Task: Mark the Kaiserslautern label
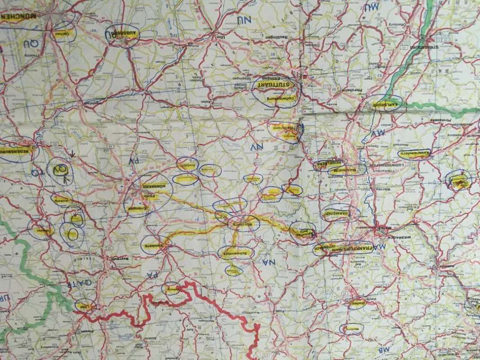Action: [x=414, y=153]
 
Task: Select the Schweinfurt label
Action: [x=235, y=252]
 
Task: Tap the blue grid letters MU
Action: [x=372, y=7]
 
